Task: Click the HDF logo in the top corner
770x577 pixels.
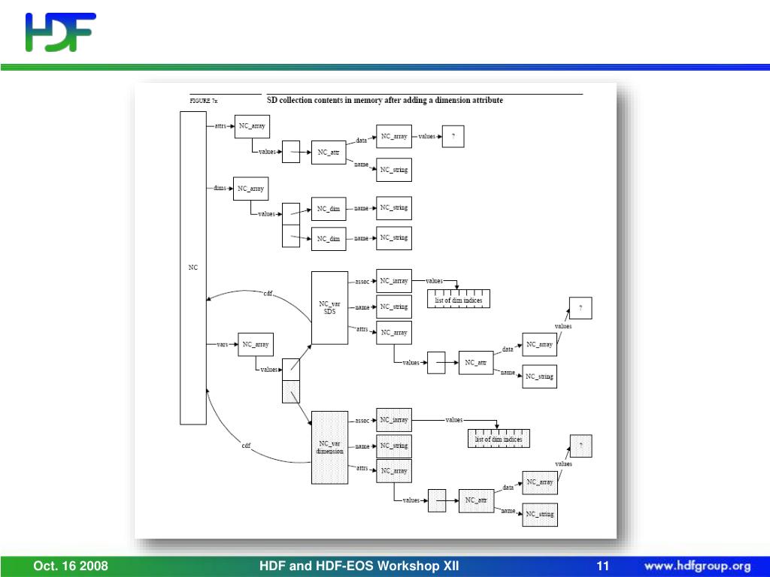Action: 60,32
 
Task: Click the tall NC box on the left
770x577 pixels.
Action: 193,267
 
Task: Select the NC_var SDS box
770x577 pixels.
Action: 329,307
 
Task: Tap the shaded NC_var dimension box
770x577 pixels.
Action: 329,447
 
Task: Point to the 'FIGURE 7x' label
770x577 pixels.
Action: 203,101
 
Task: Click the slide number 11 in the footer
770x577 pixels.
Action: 602,566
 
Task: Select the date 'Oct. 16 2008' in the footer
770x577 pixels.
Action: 71,566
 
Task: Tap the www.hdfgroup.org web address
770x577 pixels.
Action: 697,566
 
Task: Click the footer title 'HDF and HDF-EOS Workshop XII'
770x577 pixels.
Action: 359,566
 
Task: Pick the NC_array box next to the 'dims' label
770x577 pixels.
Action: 251,189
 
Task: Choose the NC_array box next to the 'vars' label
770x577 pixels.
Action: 256,345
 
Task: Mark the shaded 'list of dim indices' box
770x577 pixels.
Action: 498,439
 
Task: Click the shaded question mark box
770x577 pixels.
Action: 581,446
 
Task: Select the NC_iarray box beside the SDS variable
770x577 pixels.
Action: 394,281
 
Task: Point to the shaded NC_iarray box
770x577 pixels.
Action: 394,420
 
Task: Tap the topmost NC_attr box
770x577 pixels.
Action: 329,153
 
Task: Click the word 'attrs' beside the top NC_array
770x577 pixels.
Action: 220,126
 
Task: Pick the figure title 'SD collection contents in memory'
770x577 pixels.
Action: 385,100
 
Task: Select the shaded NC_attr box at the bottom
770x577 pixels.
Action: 476,500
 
